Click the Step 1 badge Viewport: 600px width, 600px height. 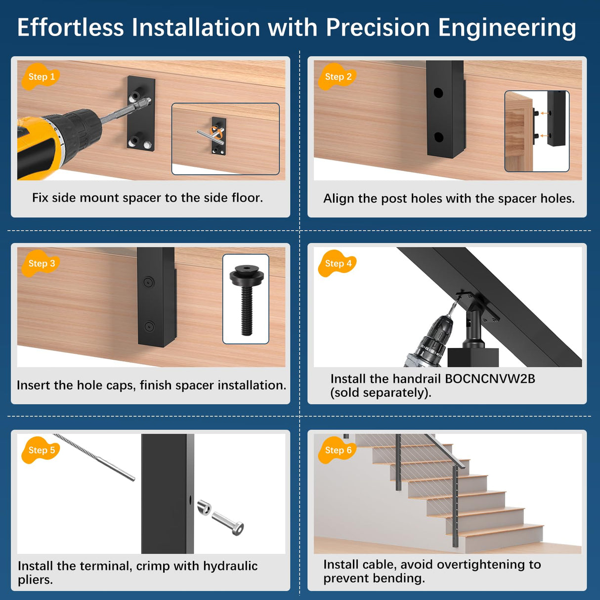tap(41, 77)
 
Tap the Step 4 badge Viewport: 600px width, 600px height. tap(338, 263)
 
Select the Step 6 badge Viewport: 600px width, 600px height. tap(338, 450)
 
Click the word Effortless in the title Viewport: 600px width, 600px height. tap(70, 28)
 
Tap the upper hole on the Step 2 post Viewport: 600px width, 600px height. tap(438, 92)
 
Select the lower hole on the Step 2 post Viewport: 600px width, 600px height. tap(438, 137)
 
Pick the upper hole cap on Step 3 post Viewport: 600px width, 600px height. tap(148, 282)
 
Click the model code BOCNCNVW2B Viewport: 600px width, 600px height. tap(490, 379)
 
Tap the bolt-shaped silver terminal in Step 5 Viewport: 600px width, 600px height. tap(228, 523)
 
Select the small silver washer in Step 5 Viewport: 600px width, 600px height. tap(204, 507)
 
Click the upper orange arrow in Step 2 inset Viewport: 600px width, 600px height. tap(544, 113)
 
